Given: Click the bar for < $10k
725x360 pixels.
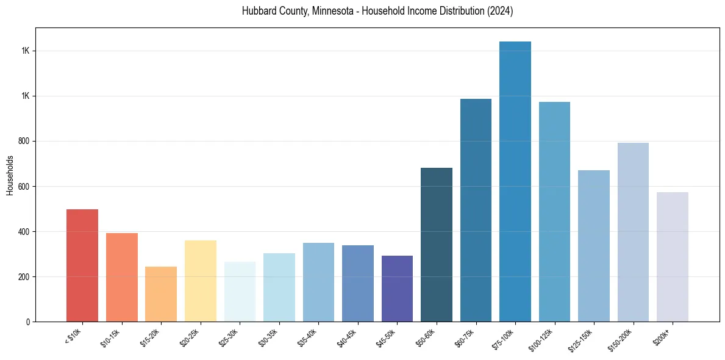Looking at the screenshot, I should (82, 265).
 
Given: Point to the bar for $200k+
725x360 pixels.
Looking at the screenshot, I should (673, 257).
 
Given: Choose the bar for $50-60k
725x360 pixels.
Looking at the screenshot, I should (437, 245).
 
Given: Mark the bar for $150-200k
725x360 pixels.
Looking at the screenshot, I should (633, 232).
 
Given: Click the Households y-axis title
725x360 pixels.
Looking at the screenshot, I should (10, 175).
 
